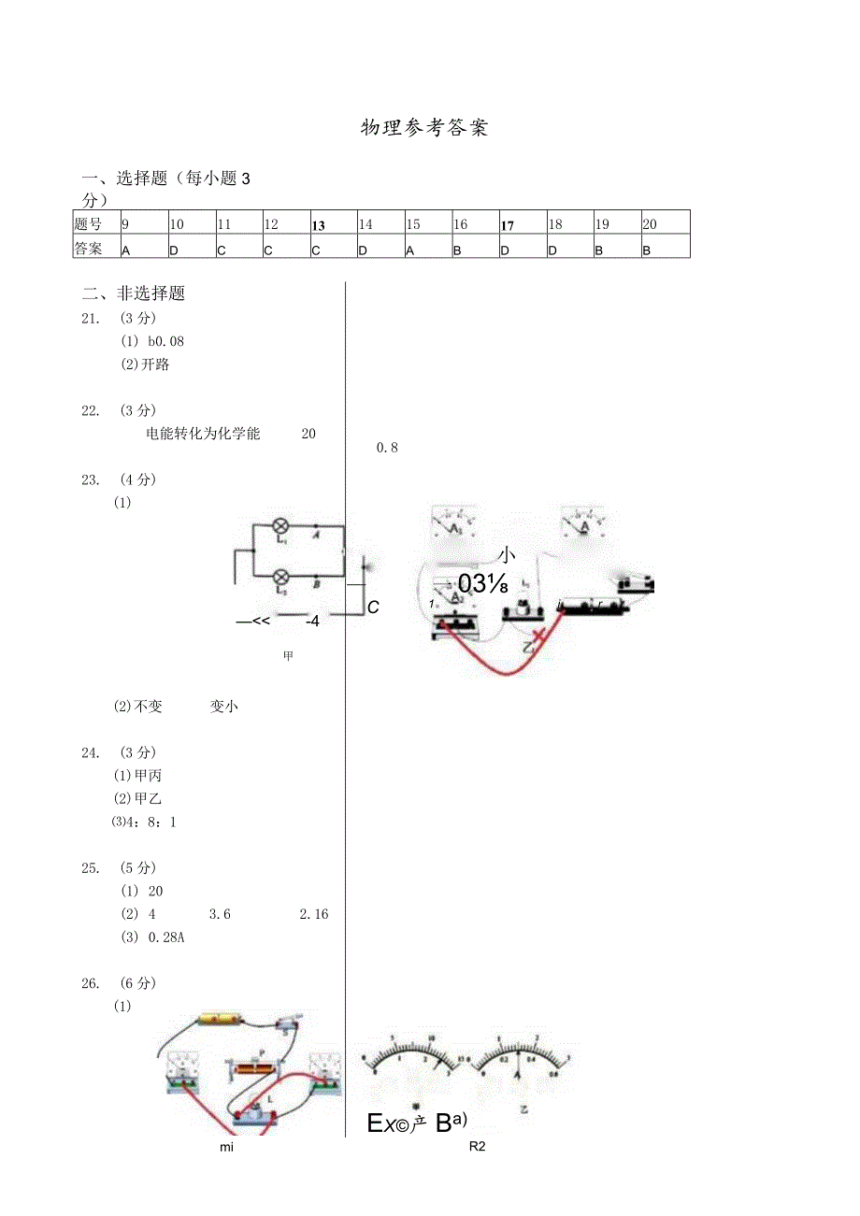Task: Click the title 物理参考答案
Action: (424, 128)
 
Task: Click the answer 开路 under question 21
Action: (156, 365)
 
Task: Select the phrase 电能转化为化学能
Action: (203, 434)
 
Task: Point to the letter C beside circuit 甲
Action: (373, 608)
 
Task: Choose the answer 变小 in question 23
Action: (224, 707)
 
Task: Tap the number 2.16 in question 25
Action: (314, 914)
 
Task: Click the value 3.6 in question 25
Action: (220, 914)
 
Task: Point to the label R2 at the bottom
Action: (479, 1147)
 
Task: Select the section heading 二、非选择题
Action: (134, 293)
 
